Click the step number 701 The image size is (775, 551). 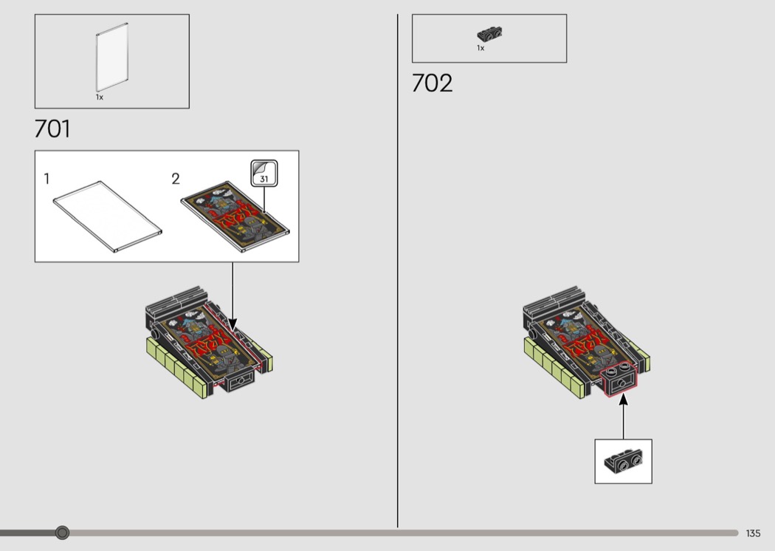52,129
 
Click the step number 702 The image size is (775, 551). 432,83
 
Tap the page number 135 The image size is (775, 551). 754,533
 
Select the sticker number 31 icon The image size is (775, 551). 264,173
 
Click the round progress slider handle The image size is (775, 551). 62,533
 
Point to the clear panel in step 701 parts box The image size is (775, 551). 112,57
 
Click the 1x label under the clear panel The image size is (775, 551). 100,97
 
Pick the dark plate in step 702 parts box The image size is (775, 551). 489,34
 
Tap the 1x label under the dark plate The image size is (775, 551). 480,48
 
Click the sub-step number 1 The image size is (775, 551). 46,179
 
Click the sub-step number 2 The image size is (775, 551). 176,179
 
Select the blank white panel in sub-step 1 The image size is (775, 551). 107,216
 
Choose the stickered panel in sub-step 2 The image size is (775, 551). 235,216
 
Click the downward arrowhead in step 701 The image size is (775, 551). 232,324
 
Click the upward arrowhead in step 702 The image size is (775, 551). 623,399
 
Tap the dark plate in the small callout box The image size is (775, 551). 623,460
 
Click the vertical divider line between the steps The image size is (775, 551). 397,270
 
